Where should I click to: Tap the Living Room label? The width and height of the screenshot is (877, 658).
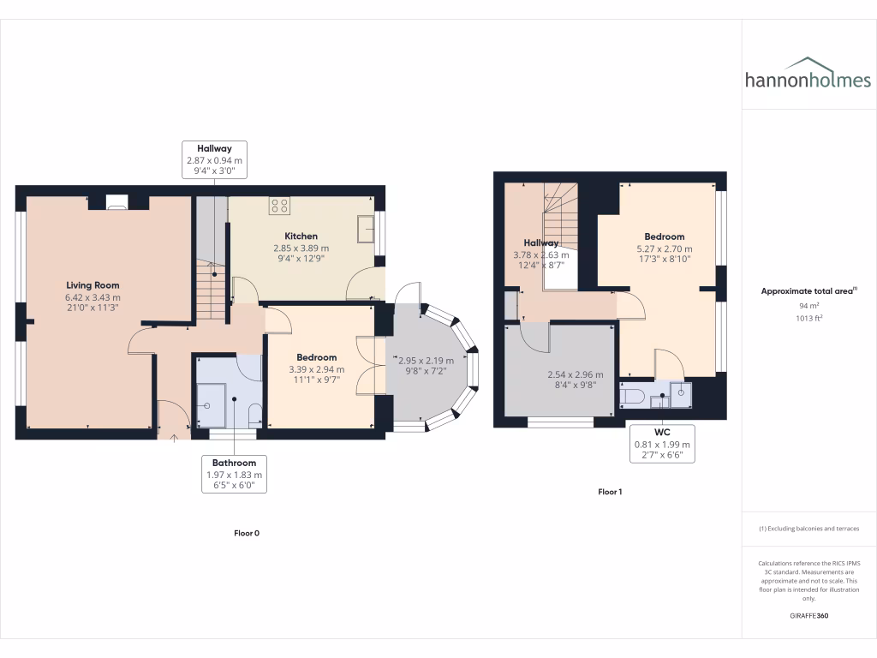point(92,285)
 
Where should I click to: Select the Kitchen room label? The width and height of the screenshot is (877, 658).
point(301,236)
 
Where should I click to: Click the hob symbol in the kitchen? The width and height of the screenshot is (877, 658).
point(278,205)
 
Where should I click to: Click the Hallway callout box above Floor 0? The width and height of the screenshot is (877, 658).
point(214,159)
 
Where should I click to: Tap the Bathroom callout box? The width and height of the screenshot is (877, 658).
point(234,474)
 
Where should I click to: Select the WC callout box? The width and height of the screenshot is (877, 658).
point(660,444)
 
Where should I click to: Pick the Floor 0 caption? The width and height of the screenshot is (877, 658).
point(247,533)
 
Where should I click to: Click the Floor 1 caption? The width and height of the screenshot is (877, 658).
point(610,492)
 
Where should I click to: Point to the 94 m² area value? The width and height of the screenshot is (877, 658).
point(808,306)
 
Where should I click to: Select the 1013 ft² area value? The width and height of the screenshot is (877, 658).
point(808,318)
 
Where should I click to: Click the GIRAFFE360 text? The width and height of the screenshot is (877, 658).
point(808,615)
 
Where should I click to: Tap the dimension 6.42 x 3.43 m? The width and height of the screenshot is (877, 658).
point(92,298)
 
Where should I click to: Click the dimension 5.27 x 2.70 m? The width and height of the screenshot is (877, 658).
point(664,249)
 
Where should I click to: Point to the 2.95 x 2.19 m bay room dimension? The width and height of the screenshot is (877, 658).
point(426,361)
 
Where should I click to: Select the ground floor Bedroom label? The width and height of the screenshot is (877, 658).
point(316,357)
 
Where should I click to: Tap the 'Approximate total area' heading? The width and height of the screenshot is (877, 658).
point(807,291)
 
